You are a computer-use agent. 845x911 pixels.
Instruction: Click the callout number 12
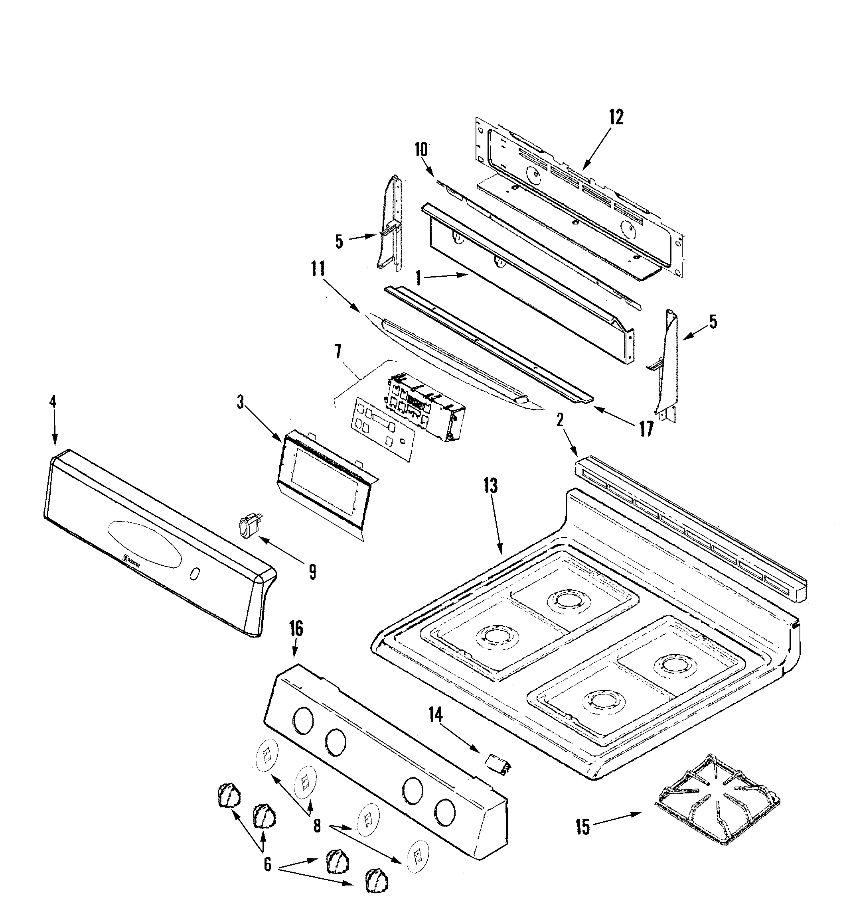[616, 118]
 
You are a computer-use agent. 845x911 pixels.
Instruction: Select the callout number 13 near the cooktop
[490, 486]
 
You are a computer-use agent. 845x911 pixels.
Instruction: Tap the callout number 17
[646, 429]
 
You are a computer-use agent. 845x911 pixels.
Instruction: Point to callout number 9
[312, 572]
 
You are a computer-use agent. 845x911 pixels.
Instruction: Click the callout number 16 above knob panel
[296, 629]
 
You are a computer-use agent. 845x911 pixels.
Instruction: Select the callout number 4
[53, 401]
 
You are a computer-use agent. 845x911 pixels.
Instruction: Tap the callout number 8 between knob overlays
[317, 826]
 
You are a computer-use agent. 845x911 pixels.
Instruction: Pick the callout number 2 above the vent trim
[560, 420]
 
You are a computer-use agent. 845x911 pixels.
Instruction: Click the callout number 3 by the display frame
[240, 402]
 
